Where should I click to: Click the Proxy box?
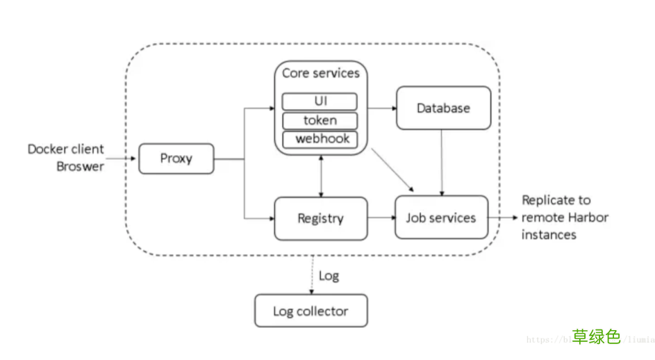point(176,158)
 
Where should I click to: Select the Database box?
point(443,108)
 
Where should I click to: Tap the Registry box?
point(320,218)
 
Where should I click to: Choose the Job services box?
point(441,218)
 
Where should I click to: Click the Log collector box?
point(310,311)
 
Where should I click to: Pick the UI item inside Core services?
point(320,101)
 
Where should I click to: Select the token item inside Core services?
point(320,120)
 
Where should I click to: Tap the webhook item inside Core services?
point(320,139)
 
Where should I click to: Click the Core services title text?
point(320,73)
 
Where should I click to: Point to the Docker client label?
point(66,149)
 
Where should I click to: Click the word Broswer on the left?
point(80,166)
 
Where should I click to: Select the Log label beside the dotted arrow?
point(329,276)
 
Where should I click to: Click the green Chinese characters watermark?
point(596,337)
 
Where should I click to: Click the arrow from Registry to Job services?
point(380,218)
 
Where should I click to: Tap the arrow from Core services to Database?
point(381,108)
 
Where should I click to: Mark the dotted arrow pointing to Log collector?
point(310,275)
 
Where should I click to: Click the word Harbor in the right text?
point(588,218)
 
